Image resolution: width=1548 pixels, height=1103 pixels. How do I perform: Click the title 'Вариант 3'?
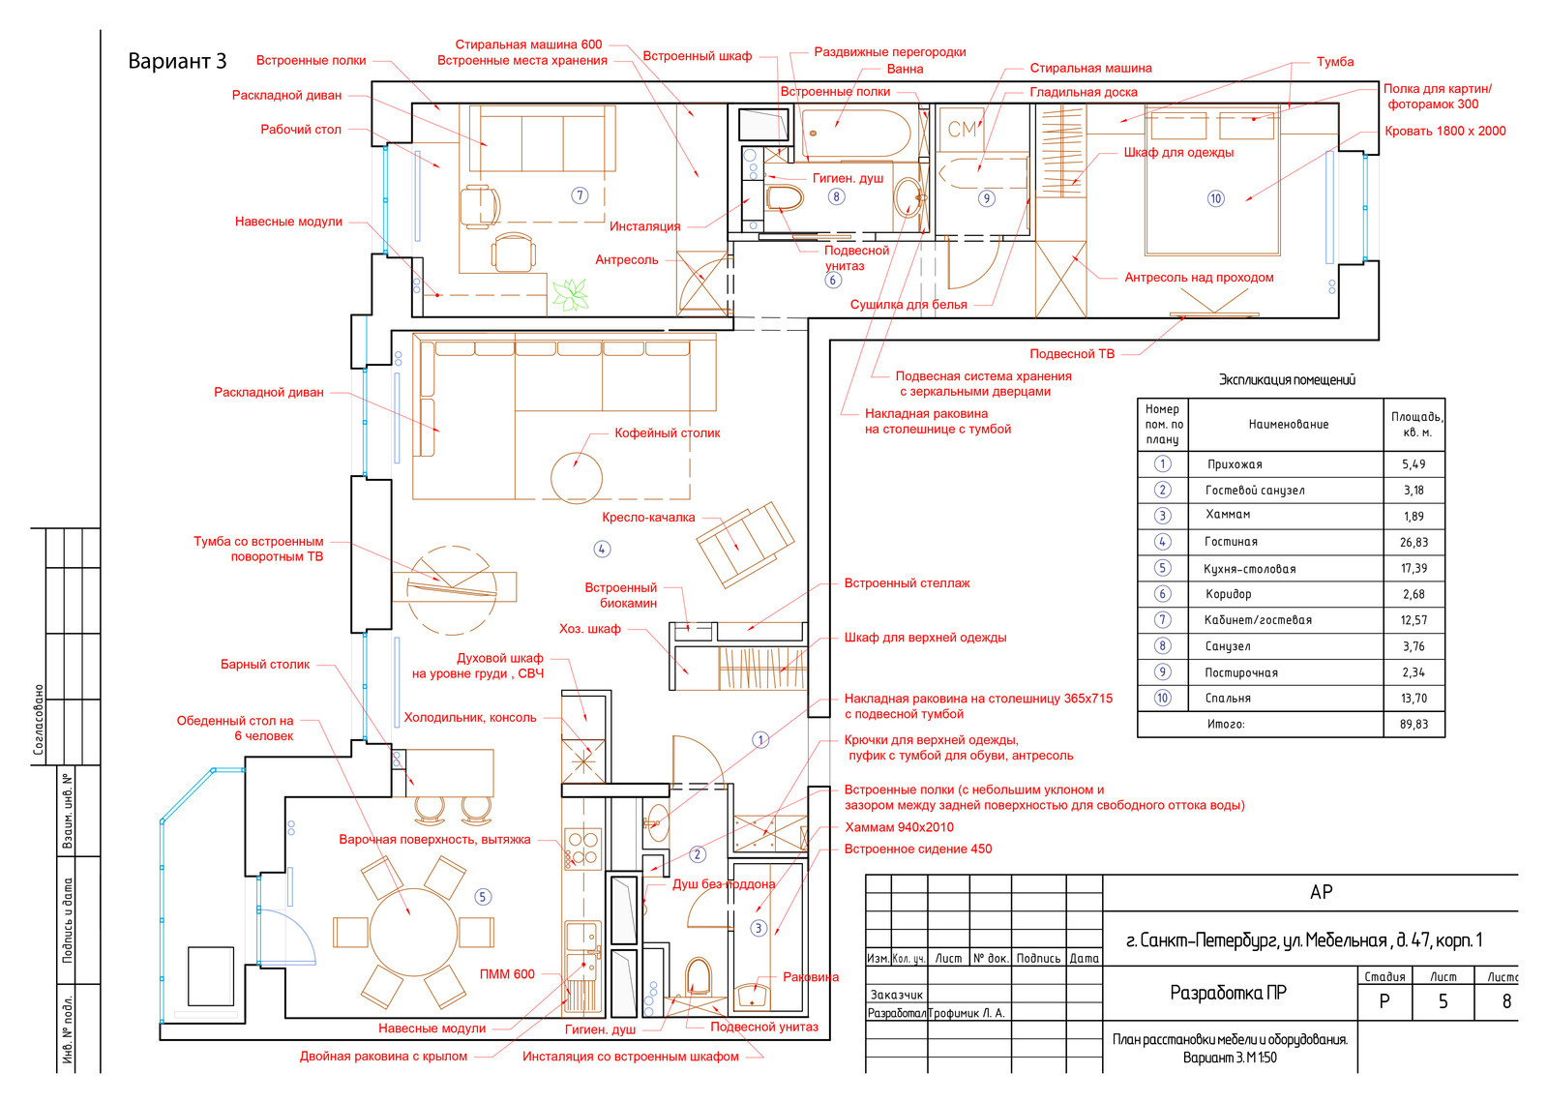click(x=178, y=62)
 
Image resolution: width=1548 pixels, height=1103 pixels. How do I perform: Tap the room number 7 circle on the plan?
click(x=580, y=195)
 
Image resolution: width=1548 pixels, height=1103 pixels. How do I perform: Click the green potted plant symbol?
click(x=570, y=294)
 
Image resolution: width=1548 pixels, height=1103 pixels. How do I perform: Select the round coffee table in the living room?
click(x=577, y=477)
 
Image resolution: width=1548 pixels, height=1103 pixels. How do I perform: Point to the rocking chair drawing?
click(x=745, y=544)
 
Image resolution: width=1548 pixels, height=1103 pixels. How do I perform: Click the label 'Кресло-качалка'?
click(x=648, y=518)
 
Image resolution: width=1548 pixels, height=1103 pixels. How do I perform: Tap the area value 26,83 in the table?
click(x=1414, y=543)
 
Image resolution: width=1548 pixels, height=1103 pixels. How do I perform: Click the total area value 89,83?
click(x=1414, y=725)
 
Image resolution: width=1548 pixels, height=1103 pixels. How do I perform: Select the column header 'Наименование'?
click(x=1289, y=425)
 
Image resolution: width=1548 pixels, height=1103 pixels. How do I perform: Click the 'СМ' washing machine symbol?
click(x=963, y=129)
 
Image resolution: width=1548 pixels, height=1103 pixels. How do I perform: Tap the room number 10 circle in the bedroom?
click(x=1215, y=199)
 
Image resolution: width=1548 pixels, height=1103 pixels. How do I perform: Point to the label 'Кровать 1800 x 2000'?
click(x=1445, y=132)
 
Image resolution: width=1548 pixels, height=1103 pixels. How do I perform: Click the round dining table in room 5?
click(x=413, y=932)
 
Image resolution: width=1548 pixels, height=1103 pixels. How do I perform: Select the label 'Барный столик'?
click(x=265, y=665)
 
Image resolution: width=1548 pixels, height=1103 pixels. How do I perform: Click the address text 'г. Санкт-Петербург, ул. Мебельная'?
click(x=1257, y=940)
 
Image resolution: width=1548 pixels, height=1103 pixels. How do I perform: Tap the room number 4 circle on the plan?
click(x=602, y=550)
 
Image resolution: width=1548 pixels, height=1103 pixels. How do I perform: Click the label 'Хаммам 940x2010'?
click(x=899, y=828)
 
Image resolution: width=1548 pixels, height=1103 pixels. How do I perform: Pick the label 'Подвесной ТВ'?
click(x=1072, y=354)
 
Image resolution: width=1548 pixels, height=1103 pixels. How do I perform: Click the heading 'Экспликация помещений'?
click(x=1287, y=380)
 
